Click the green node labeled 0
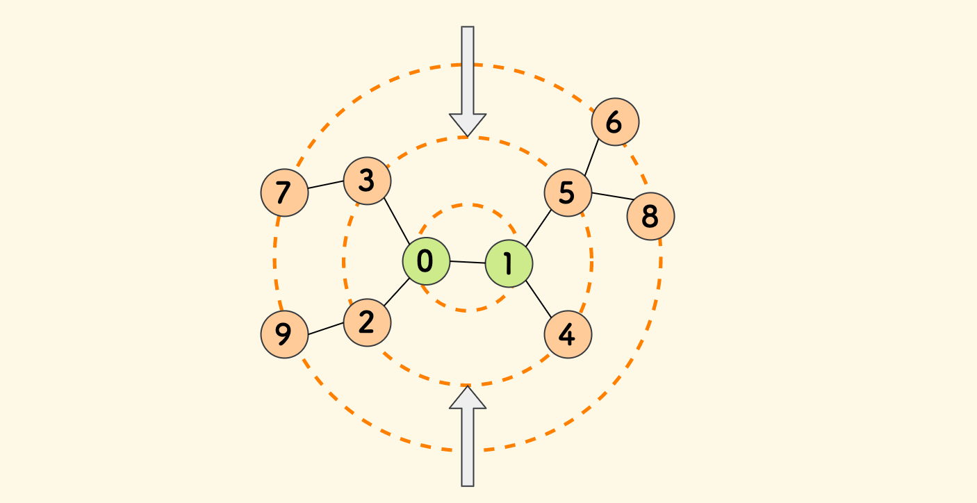pyautogui.click(x=426, y=261)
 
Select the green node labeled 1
pyautogui.click(x=509, y=264)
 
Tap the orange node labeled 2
pyautogui.click(x=367, y=322)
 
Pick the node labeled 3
pyautogui.click(x=368, y=181)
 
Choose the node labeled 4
pyautogui.click(x=568, y=334)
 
